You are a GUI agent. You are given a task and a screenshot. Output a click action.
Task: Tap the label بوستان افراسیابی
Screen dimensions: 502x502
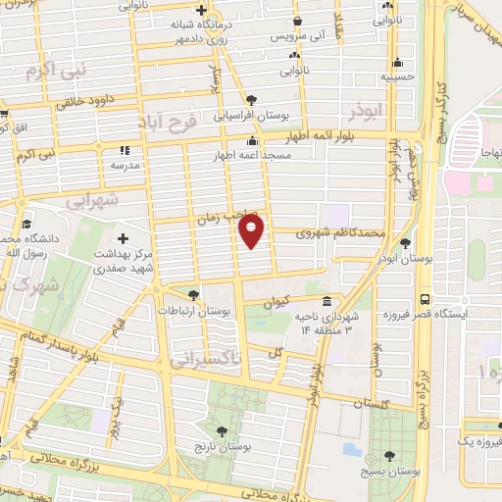(252, 114)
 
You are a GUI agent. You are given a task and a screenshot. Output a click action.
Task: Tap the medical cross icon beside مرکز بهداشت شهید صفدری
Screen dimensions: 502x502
(124, 238)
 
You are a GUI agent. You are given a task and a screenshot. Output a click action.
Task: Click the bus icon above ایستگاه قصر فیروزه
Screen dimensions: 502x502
(425, 299)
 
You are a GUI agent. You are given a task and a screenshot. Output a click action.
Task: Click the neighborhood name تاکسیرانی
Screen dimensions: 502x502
(205, 362)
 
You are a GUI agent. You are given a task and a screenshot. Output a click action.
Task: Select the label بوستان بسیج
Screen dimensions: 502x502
(390, 472)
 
